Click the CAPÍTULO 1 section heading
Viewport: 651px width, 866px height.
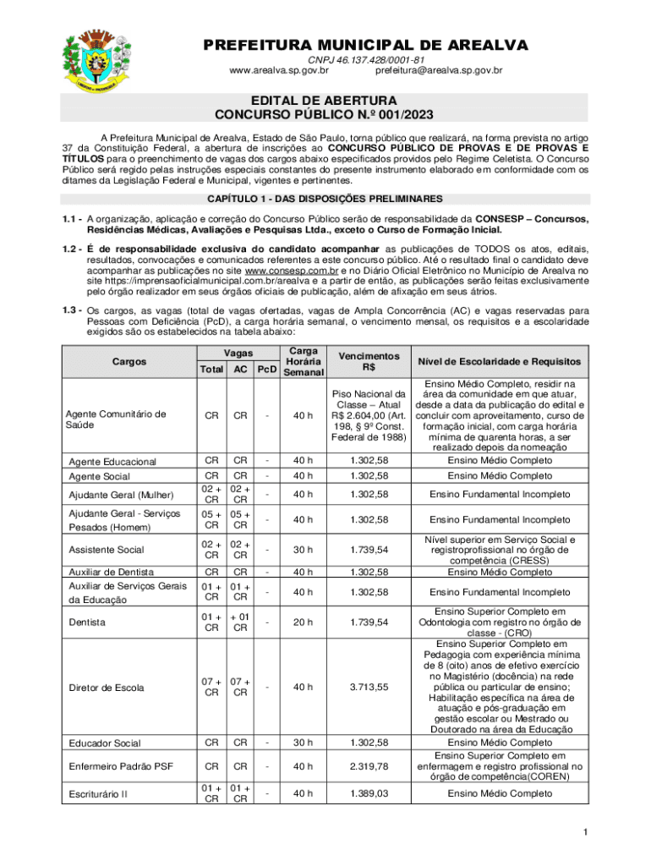click(325, 199)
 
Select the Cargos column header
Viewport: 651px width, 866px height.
click(129, 361)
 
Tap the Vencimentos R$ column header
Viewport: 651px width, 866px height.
click(369, 361)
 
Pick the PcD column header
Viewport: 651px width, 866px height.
click(267, 370)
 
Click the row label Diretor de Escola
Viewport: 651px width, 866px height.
click(106, 688)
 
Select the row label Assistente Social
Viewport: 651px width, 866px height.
click(106, 549)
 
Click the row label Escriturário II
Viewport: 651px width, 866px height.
click(100, 794)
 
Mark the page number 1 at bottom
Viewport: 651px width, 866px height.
click(584, 834)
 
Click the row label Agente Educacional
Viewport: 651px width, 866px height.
click(112, 462)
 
